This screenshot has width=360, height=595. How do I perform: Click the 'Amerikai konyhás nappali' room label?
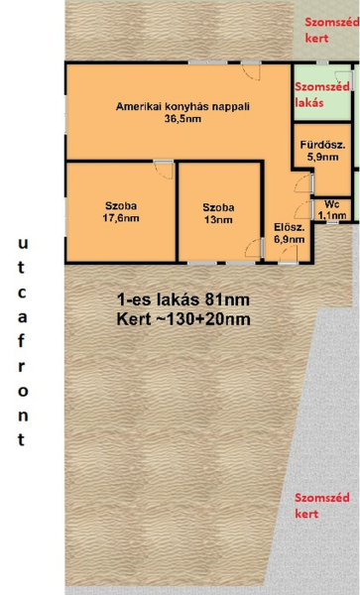[182, 107]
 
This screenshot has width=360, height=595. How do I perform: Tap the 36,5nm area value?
[182, 119]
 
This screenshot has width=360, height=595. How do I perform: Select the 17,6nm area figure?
[121, 218]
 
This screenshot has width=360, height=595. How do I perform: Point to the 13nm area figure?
[218, 220]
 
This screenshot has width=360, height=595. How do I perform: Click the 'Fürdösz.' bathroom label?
[323, 145]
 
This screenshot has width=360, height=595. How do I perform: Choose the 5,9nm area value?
[323, 157]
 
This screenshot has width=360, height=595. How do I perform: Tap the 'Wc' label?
[332, 204]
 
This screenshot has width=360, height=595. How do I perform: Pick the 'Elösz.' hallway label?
[290, 228]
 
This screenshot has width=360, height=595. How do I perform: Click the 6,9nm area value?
[290, 239]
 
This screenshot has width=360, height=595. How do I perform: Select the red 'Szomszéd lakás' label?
[322, 94]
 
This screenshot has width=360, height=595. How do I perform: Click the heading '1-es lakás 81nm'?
[182, 299]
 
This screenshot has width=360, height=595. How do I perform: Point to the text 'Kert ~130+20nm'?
[183, 319]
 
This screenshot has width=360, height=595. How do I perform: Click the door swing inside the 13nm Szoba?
[254, 249]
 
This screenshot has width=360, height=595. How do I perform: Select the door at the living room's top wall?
[251, 71]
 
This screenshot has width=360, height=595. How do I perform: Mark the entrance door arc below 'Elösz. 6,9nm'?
[289, 254]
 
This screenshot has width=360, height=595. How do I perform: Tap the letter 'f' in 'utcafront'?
[22, 341]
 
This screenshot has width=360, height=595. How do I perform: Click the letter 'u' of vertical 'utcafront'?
[23, 244]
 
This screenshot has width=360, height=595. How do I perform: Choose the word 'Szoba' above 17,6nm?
[121, 206]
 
